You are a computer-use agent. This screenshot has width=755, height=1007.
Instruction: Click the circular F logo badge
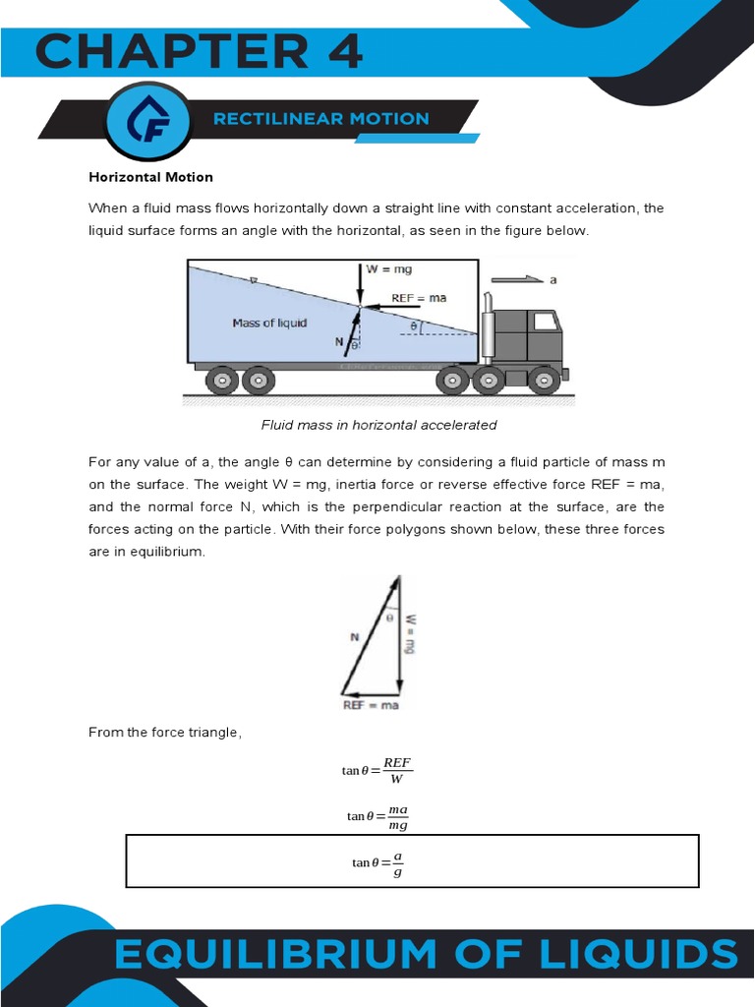click(x=148, y=121)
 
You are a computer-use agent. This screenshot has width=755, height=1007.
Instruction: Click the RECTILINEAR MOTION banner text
click(x=321, y=119)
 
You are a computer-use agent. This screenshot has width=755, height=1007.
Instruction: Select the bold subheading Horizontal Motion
click(x=150, y=177)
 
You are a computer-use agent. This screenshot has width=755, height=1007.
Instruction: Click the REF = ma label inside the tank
click(x=418, y=298)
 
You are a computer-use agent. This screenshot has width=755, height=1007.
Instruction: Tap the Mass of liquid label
click(x=269, y=323)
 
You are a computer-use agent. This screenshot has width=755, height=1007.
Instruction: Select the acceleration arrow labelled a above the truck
click(x=518, y=279)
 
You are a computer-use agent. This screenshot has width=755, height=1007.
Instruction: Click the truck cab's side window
click(x=544, y=321)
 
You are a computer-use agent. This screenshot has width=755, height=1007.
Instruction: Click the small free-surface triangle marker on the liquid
click(x=253, y=281)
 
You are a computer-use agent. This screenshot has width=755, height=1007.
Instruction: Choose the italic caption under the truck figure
click(x=378, y=425)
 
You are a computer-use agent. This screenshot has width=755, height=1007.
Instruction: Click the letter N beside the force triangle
click(x=354, y=637)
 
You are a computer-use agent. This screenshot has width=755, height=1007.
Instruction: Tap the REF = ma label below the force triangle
click(x=370, y=705)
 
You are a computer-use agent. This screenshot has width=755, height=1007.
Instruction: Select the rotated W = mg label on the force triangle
click(x=411, y=634)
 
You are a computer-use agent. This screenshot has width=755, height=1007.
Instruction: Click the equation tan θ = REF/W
click(x=377, y=770)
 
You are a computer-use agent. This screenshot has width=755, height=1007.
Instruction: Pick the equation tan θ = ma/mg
click(x=377, y=815)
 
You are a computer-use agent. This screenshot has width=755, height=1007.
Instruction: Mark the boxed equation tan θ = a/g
click(x=377, y=861)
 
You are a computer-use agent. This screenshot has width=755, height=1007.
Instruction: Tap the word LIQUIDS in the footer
click(x=641, y=955)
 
